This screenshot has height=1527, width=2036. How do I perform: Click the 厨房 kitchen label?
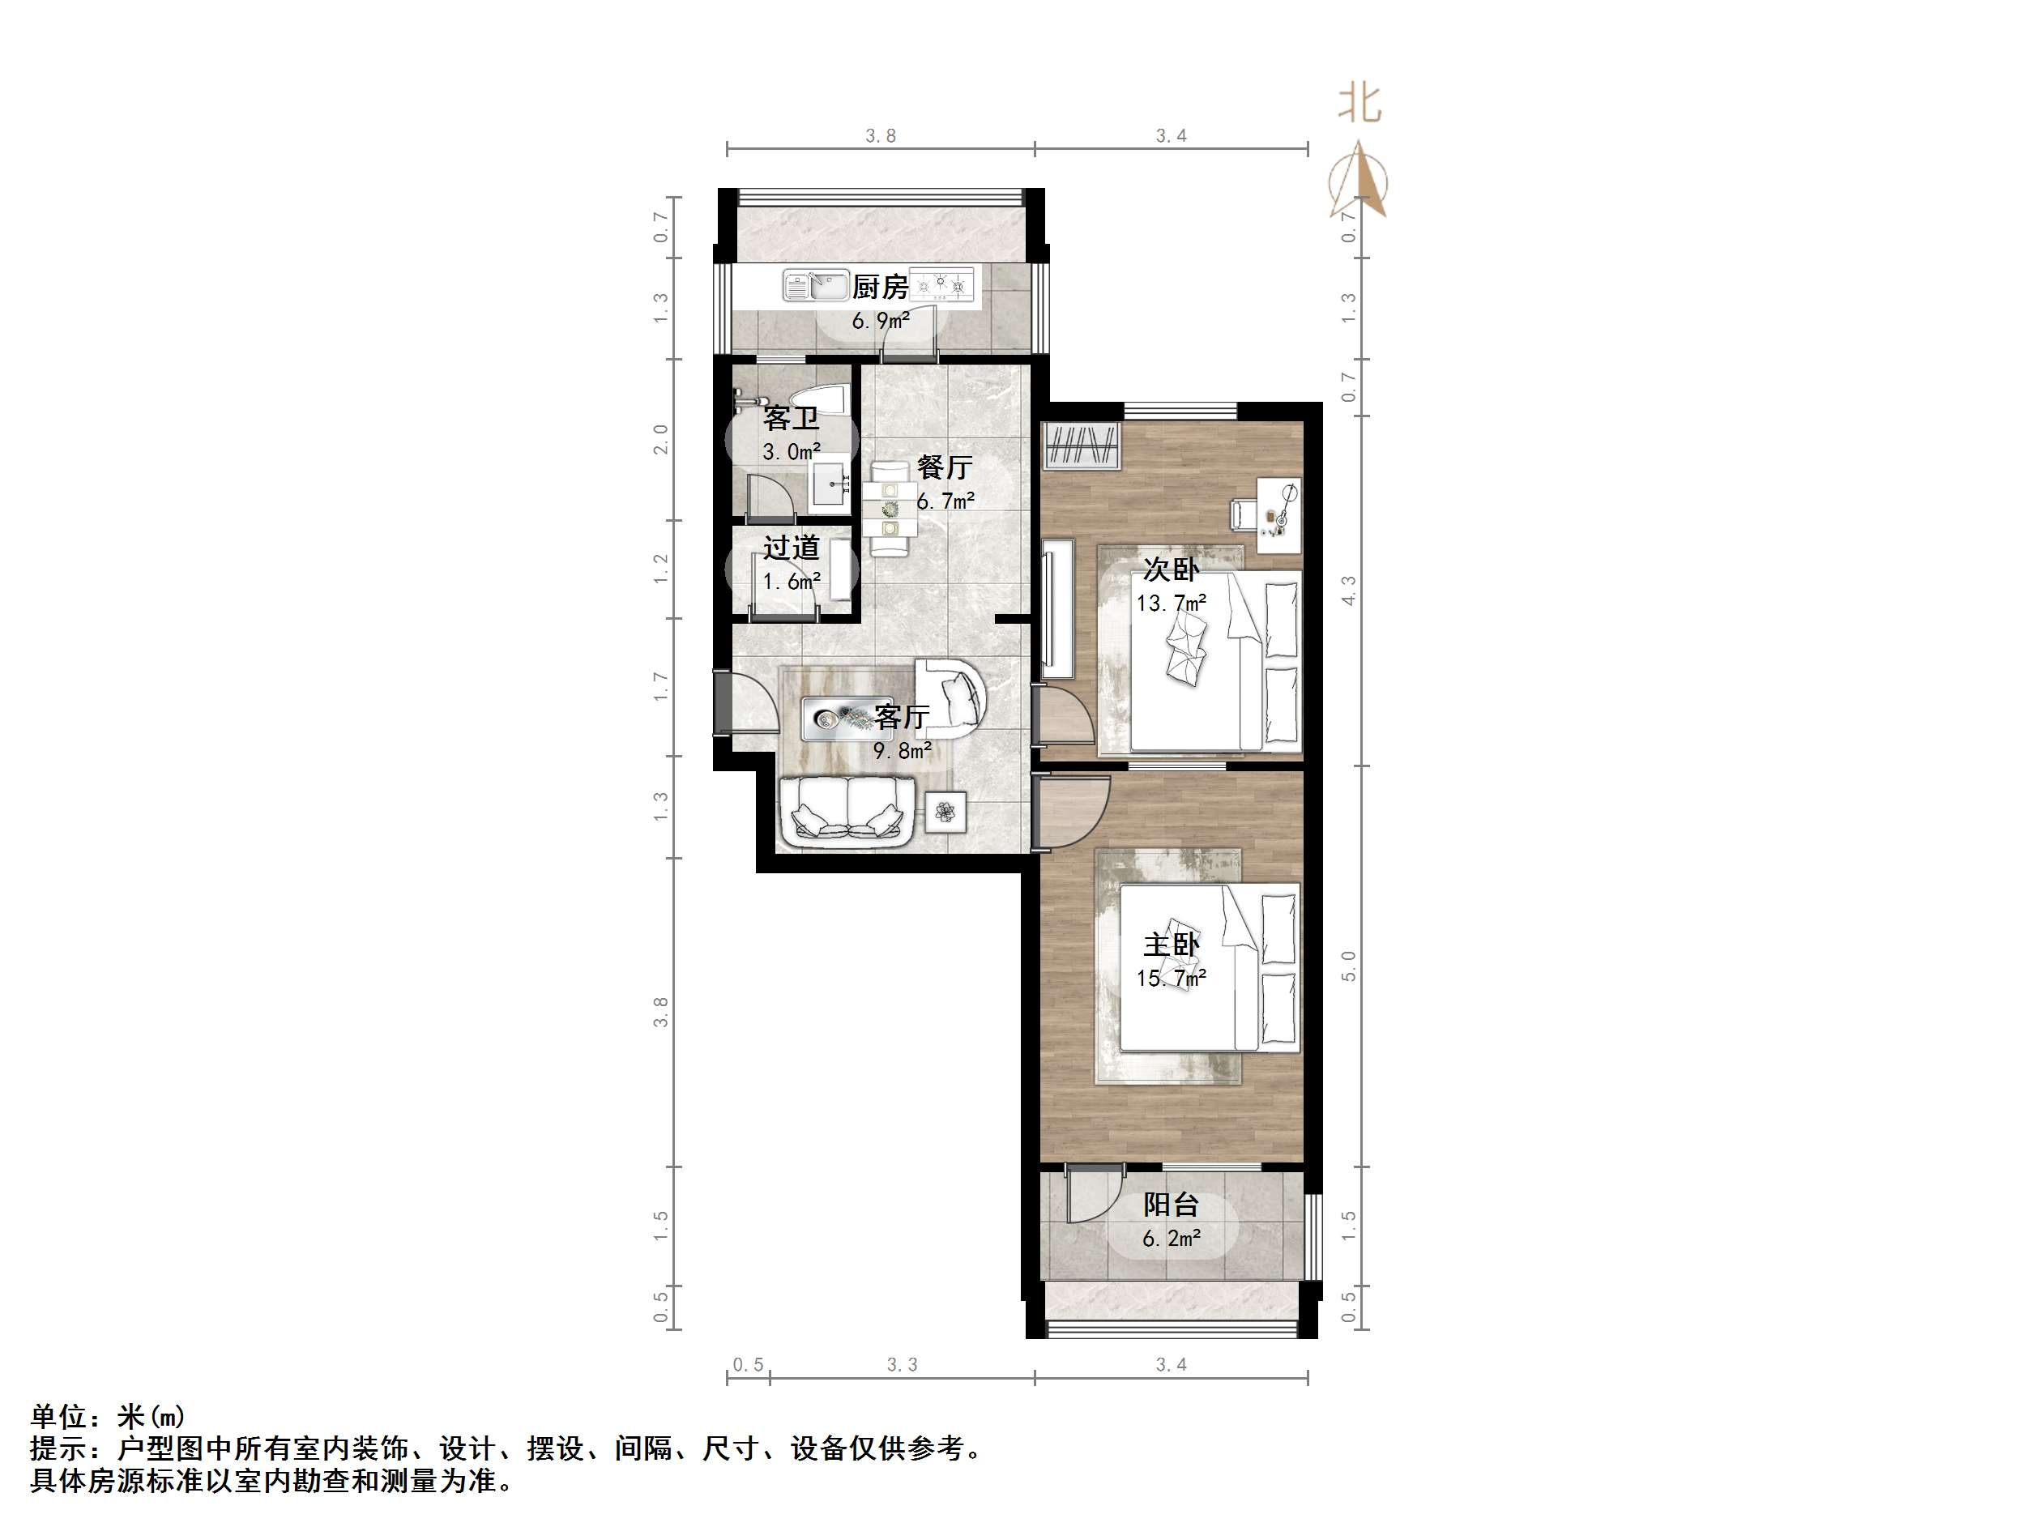pyautogui.click(x=880, y=288)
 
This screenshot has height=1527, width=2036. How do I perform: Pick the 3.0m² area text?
pyautogui.click(x=792, y=452)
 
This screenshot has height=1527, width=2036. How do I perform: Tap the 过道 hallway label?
pyautogui.click(x=791, y=548)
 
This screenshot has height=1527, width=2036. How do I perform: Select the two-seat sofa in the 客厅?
pyautogui.click(x=846, y=811)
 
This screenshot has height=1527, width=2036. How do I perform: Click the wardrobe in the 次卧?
pyautogui.click(x=1082, y=446)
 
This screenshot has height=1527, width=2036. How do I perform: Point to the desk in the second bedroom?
pyautogui.click(x=1278, y=516)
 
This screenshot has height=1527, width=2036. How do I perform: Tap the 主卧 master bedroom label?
pyautogui.click(x=1171, y=945)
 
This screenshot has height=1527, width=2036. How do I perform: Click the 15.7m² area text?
pyautogui.click(x=1171, y=978)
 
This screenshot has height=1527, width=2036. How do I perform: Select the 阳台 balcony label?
pyautogui.click(x=1171, y=1205)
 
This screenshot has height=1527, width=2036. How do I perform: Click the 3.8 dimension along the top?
pyautogui.click(x=880, y=136)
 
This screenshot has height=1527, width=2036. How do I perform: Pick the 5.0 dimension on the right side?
pyautogui.click(x=1348, y=966)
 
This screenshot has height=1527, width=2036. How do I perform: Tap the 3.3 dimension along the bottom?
pyautogui.click(x=902, y=1365)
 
